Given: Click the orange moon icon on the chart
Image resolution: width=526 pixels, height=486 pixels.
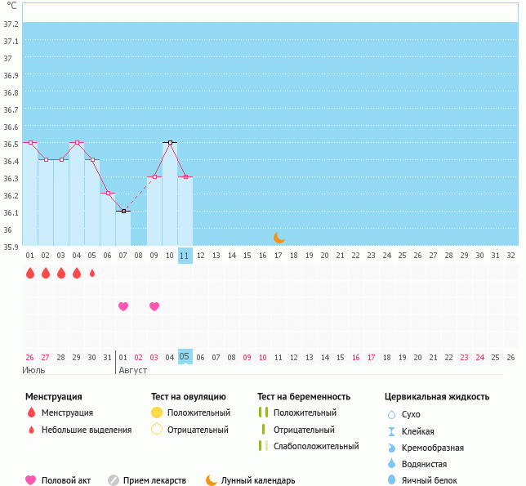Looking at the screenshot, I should [279, 237].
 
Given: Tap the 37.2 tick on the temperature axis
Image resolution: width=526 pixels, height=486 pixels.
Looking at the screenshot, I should [11, 24].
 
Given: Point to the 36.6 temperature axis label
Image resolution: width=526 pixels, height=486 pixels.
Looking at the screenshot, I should [11, 127].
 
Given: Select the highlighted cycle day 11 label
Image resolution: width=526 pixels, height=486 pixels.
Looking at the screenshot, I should [185, 255].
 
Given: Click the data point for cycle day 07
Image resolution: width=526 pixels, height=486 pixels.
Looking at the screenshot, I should [123, 211].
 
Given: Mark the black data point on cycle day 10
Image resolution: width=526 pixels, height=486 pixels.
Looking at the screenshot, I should [170, 142].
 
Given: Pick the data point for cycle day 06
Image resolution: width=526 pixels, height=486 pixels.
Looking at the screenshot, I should [108, 193].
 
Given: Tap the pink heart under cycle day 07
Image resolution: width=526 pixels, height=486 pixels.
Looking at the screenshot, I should [123, 306].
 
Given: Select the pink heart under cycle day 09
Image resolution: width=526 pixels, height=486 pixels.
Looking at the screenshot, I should [154, 306].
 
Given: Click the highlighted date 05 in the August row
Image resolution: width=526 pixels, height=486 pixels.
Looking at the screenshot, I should [185, 357].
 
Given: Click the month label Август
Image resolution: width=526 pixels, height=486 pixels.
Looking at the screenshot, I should [133, 370].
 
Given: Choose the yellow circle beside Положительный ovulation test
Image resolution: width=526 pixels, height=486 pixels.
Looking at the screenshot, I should [157, 412].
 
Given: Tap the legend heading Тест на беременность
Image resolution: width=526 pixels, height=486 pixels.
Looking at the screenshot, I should [304, 396].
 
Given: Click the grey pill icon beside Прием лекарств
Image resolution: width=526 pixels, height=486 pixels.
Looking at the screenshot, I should [114, 480].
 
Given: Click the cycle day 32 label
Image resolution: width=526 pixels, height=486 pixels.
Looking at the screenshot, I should [510, 255].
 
